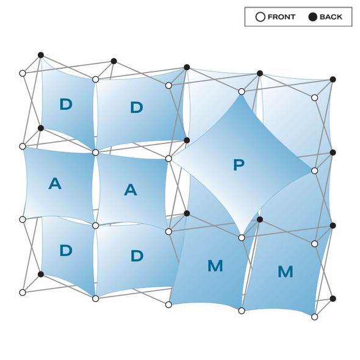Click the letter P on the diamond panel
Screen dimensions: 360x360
coord(239,165)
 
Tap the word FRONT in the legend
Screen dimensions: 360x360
coord(281,17)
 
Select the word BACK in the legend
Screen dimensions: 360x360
coord(331,17)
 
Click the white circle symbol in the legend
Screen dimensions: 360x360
coord(261,17)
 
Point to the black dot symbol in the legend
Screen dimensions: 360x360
coord(312,17)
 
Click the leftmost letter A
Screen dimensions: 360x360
coord(55,184)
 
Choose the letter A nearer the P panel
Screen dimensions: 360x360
coord(131,190)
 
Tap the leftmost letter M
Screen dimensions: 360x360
coord(215,265)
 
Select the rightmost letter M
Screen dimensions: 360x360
coord(286,272)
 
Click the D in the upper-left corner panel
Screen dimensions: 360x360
coord(66,104)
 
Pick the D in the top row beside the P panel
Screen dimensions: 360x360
coord(137,107)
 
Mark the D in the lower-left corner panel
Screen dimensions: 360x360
coord(66,250)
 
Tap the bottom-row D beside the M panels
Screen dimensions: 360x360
coord(137,256)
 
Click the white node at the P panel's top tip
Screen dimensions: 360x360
coord(242,92)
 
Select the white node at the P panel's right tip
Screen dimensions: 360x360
coord(314,171)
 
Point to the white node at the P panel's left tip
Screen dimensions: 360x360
coord(168,159)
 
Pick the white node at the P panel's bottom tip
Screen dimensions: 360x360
coord(242,238)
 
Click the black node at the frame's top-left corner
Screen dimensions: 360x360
coord(41,55)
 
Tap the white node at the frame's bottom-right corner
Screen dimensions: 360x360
coord(314,317)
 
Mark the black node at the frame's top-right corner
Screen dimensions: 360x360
coord(333,79)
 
